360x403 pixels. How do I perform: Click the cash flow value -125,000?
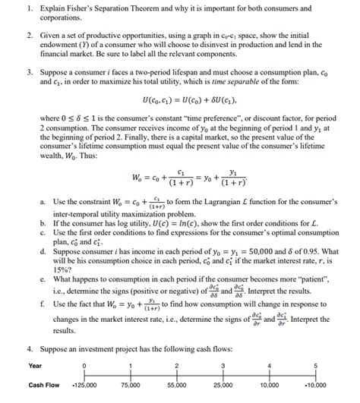tap(84, 386)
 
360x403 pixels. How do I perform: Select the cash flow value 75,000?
tap(131, 386)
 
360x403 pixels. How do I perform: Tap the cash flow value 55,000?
tap(177, 386)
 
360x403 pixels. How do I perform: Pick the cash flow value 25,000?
tap(223, 386)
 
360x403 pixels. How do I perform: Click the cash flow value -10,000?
tap(314, 386)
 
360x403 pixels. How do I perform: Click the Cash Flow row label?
tap(43, 386)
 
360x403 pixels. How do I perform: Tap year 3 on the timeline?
tap(223, 365)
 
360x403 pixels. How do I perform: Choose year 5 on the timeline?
tap(315, 365)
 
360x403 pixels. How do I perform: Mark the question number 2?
tap(27, 35)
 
